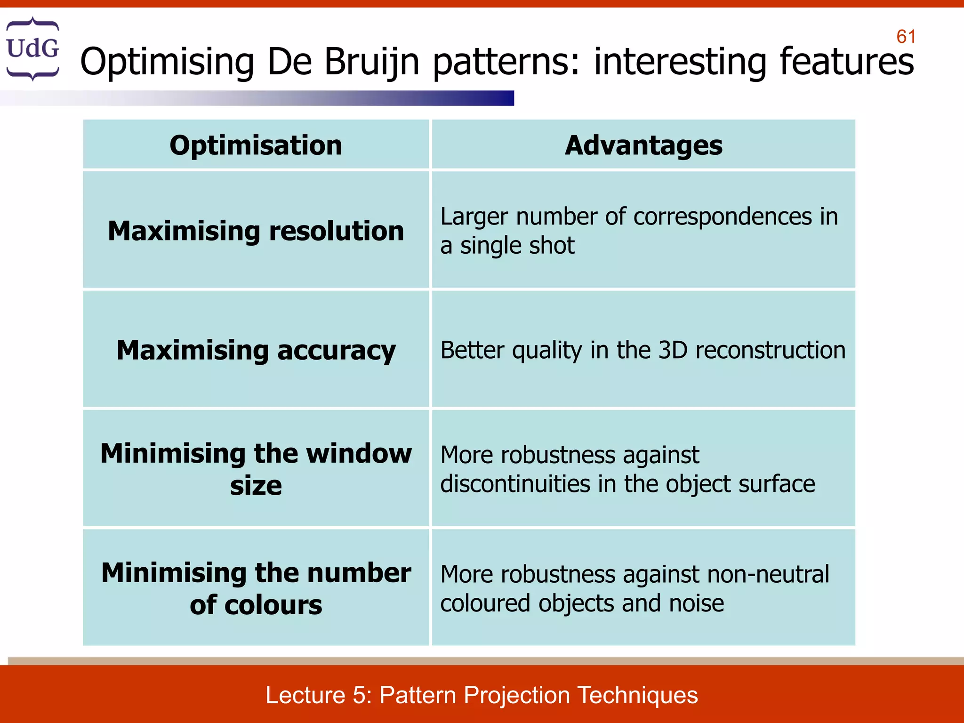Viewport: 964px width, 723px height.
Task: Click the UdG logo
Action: [32, 48]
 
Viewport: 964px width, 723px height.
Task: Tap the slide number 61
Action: [906, 37]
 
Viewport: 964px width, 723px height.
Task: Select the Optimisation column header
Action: [256, 145]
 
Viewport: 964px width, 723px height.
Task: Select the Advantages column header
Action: [643, 145]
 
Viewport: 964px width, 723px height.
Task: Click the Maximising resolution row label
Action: [256, 231]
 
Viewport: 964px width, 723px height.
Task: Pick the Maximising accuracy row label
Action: [256, 350]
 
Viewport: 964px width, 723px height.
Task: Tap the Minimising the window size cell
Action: [256, 469]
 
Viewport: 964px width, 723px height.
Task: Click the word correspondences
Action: [723, 217]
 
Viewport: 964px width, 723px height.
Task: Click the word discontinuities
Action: [515, 484]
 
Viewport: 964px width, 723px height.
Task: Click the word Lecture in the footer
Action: [305, 695]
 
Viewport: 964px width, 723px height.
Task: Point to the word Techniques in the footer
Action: [637, 695]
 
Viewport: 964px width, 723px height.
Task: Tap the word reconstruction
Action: [770, 350]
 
